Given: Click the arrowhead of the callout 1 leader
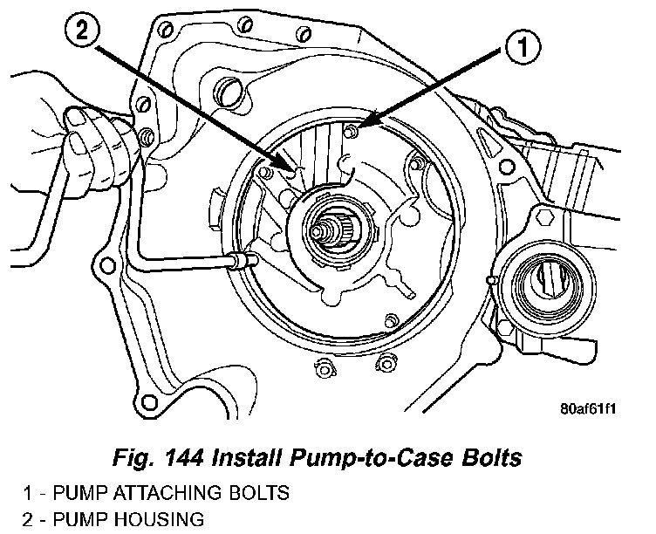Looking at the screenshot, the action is (362, 125).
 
